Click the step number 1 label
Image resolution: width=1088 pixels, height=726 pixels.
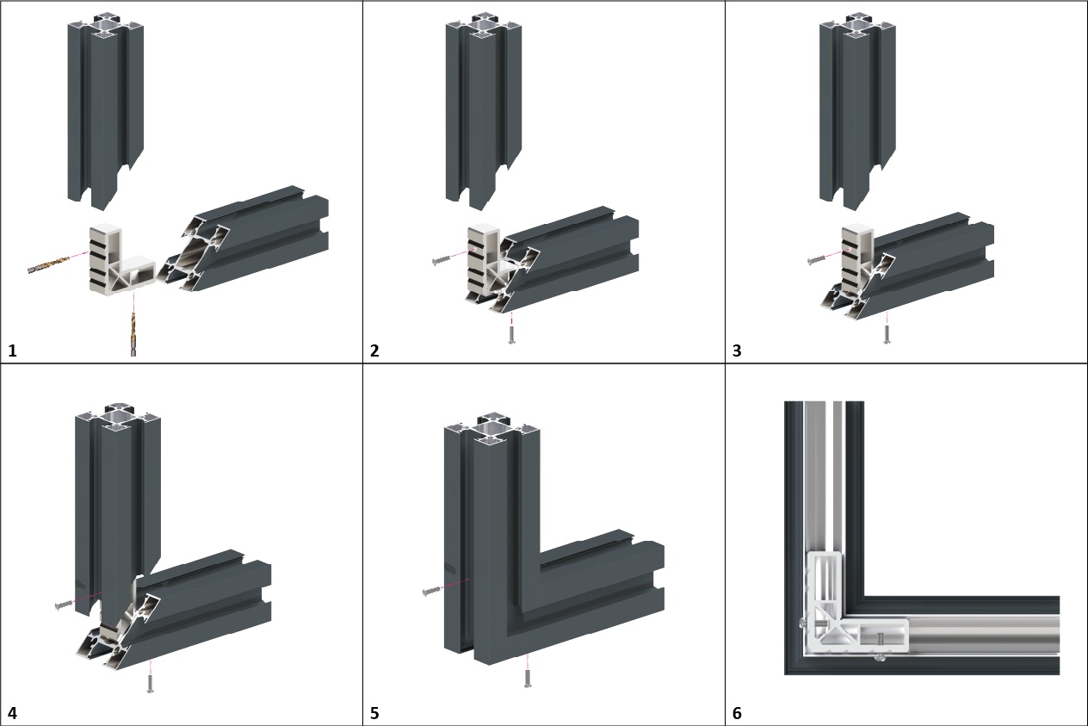tap(12, 351)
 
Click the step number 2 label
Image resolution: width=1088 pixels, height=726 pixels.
tap(374, 351)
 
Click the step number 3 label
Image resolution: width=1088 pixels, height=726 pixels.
tap(737, 351)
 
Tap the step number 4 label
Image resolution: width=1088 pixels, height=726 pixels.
tap(12, 713)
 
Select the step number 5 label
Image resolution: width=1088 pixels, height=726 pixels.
tap(374, 713)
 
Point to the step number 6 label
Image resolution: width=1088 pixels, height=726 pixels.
tap(737, 713)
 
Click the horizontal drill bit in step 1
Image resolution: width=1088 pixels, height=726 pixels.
tap(52, 264)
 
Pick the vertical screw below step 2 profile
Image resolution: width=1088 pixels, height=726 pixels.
tap(512, 332)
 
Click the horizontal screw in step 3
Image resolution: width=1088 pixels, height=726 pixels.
tap(818, 258)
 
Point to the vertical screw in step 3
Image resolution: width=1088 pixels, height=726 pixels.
tap(887, 332)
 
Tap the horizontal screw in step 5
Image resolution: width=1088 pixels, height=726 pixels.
tap(432, 591)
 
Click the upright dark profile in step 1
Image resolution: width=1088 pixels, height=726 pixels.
tap(103, 112)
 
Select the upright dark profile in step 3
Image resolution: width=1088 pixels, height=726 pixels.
tap(856, 112)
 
